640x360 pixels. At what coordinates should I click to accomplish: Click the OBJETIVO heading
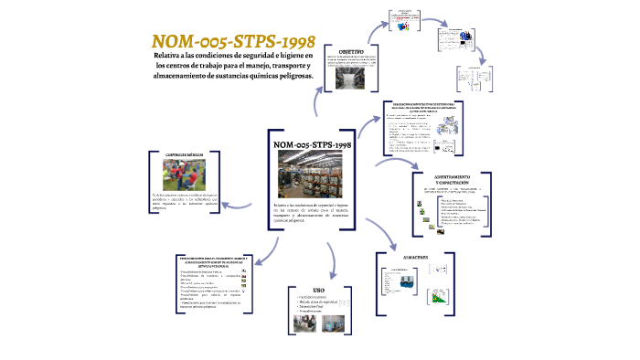(352, 51)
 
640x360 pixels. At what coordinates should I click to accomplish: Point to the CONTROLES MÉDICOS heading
(184, 155)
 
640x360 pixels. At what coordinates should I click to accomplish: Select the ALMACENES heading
(417, 257)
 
